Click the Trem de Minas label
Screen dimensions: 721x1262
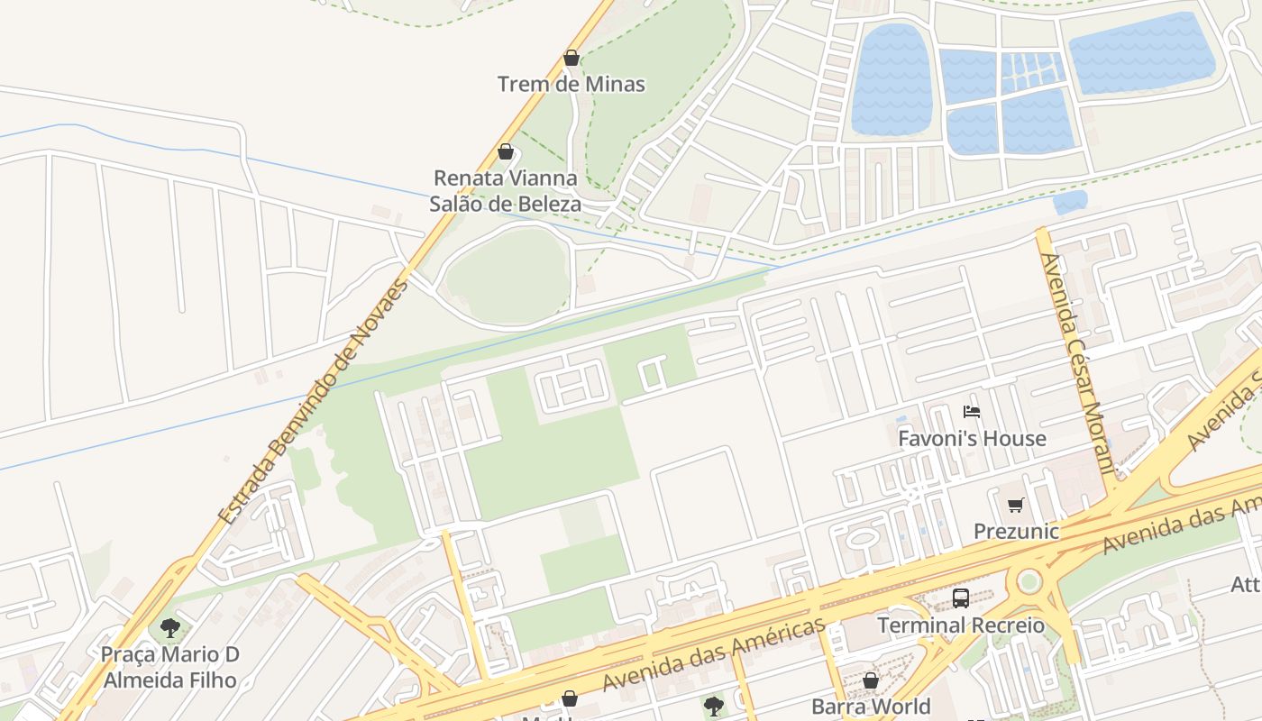(x=572, y=84)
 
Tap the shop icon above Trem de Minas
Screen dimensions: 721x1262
(x=572, y=59)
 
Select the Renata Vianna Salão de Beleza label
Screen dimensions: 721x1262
(x=506, y=190)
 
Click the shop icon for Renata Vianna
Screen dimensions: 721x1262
(x=506, y=151)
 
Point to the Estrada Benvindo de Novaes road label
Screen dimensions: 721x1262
(x=314, y=402)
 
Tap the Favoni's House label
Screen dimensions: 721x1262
(x=972, y=439)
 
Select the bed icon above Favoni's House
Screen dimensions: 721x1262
(x=972, y=412)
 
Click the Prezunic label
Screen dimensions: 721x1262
(x=1016, y=531)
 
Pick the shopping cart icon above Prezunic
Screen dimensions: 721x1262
(x=1016, y=505)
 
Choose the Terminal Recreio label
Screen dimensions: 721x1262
(x=961, y=625)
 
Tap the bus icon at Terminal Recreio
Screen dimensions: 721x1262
(x=961, y=598)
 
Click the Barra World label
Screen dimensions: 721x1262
(x=871, y=706)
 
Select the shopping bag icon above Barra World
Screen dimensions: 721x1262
(x=871, y=680)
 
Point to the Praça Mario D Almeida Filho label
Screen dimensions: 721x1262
(x=169, y=667)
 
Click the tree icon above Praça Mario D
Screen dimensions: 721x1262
(x=169, y=627)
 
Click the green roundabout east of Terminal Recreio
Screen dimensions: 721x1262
(x=1029, y=581)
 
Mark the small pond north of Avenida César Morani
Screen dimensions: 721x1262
(x=1070, y=201)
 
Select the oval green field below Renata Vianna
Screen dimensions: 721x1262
(x=508, y=274)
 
